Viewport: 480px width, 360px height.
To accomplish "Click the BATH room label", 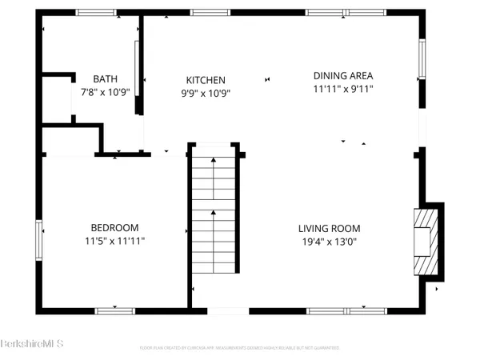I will (x=105, y=78).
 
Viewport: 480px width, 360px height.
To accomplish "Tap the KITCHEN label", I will (x=206, y=80).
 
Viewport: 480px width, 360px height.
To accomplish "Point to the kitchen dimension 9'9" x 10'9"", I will (x=206, y=92).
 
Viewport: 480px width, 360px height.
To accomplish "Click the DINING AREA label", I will (x=342, y=76).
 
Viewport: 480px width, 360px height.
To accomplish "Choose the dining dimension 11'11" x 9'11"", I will (x=342, y=89).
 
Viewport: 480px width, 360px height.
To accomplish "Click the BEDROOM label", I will (x=114, y=227).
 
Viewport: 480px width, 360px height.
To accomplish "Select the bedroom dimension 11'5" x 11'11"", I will (x=114, y=239).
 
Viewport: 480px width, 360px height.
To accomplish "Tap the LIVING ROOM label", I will (x=328, y=227).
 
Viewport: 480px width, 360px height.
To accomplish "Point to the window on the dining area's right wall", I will (x=422, y=59).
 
